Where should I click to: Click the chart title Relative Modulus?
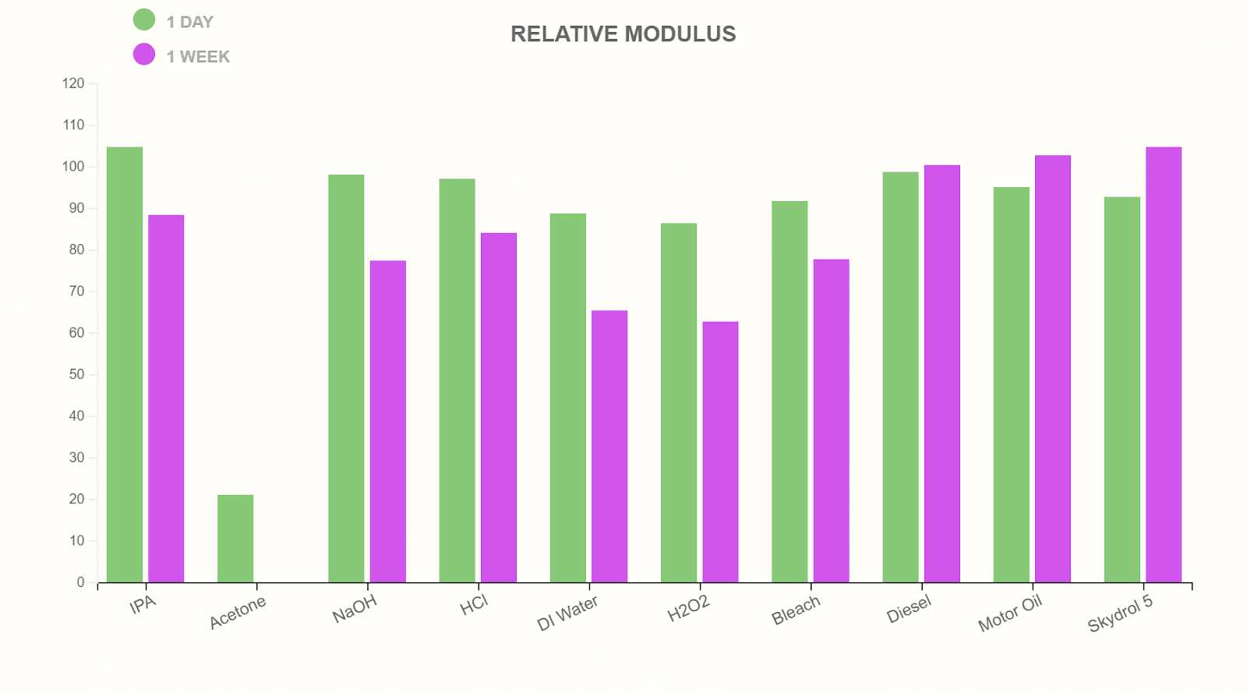623,34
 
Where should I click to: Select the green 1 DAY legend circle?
144,19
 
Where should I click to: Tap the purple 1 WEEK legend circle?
144,55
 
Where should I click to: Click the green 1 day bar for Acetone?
235,539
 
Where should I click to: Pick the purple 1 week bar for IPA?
166,398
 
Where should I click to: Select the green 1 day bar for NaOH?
346,378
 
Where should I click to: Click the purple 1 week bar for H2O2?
720,452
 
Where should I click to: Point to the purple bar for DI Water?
609,447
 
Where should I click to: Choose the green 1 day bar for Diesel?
900,377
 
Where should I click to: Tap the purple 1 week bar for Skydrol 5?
1164,365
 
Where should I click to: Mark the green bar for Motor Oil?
1011,384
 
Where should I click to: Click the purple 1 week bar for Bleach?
831,421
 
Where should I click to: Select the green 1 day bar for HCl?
457,380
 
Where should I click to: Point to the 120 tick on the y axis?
73,83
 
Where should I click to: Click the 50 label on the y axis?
76,374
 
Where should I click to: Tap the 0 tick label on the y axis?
80,582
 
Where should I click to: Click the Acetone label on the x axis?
238,613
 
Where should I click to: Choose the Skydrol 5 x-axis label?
1120,613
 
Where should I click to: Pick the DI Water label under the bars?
567,613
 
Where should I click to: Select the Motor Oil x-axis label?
1010,613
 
